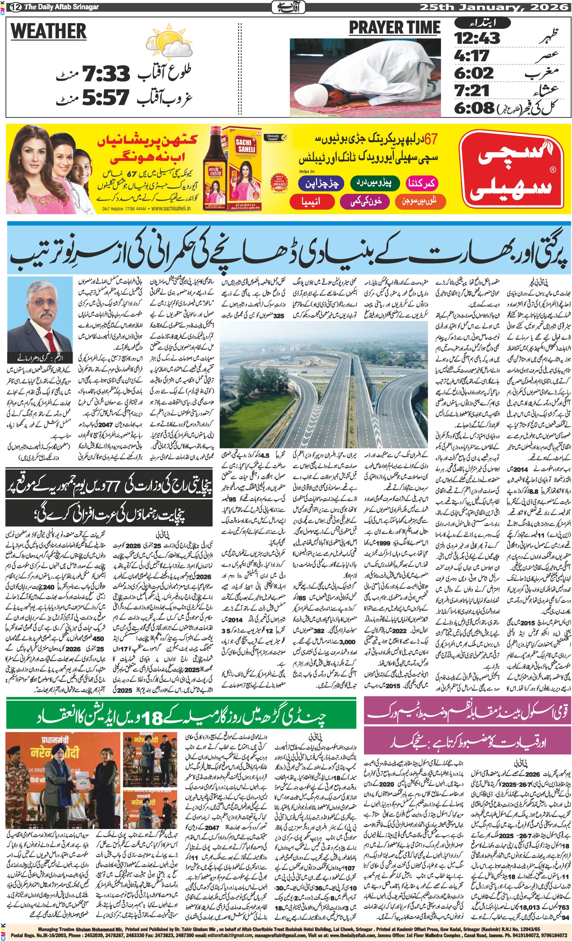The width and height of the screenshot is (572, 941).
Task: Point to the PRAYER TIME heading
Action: [x=395, y=28]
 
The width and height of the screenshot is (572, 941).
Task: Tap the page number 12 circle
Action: [x=16, y=7]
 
